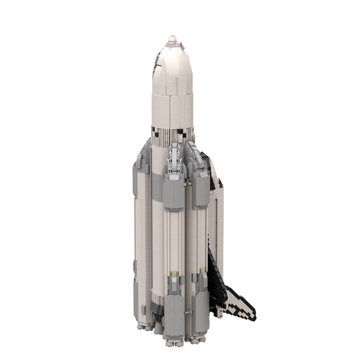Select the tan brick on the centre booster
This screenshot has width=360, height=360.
click(174, 274)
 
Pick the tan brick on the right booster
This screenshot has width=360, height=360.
click(203, 270)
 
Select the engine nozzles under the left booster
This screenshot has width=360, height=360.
click(144, 327)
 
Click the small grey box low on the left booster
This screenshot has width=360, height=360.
click(143, 309)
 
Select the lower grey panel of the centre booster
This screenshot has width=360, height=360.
click(174, 313)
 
